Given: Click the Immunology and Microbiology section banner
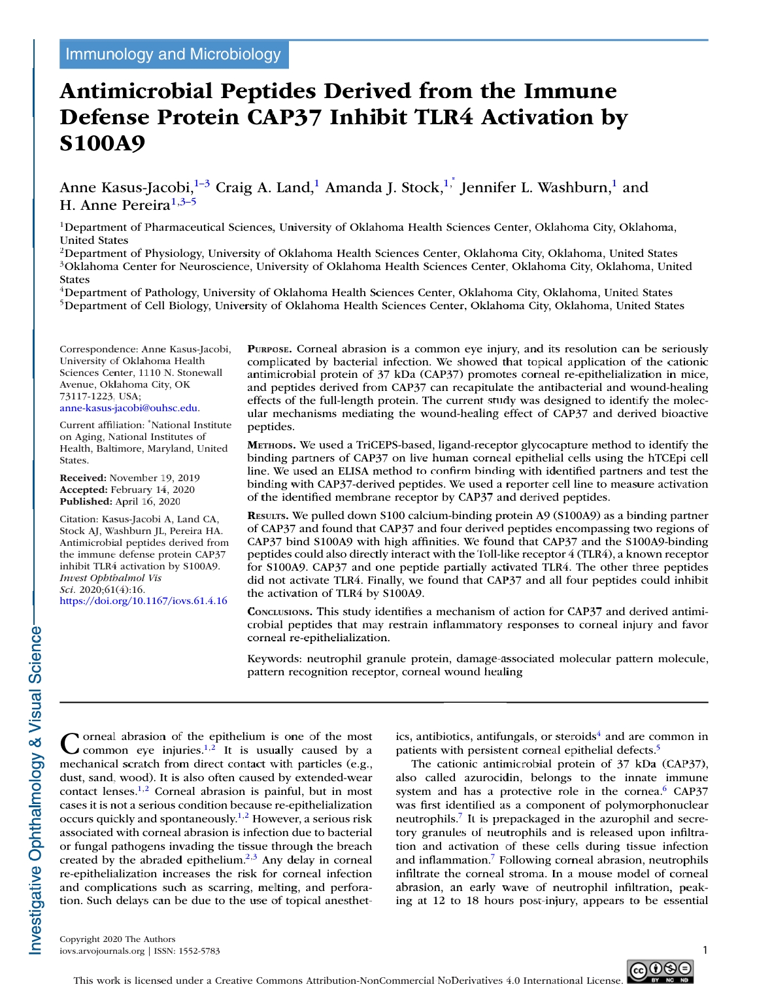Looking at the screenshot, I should coord(173,54).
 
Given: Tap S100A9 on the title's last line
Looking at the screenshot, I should coord(102,143).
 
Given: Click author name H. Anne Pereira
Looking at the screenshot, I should coord(114,205).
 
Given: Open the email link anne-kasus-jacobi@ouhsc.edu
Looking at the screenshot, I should coord(129,408).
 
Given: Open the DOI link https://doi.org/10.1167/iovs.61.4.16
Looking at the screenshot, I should coord(143,601).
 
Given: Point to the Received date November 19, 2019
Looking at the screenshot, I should coord(154,478).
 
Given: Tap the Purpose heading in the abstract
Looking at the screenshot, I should coord(269,349).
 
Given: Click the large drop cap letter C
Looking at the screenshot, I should coord(69,743).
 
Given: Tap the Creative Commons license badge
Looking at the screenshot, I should coord(660,971).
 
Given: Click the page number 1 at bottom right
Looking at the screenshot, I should coord(705,950).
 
